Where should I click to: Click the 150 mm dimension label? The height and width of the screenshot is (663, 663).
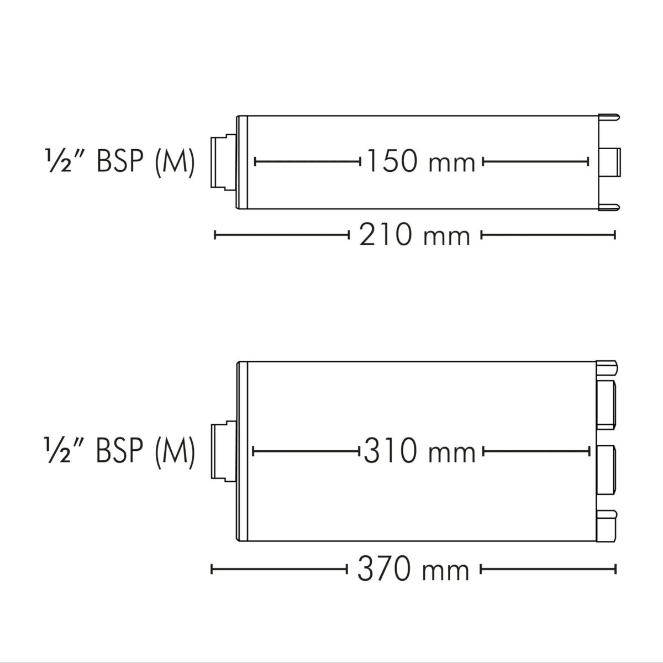click(421, 161)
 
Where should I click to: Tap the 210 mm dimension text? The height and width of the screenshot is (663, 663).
click(414, 235)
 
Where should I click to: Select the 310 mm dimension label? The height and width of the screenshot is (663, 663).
click(419, 451)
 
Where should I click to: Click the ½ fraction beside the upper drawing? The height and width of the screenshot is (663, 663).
click(59, 161)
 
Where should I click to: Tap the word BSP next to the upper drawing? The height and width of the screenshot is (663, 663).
click(120, 161)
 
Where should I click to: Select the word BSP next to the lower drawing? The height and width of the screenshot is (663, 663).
click(119, 451)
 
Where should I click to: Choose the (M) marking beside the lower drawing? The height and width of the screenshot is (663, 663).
click(175, 452)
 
